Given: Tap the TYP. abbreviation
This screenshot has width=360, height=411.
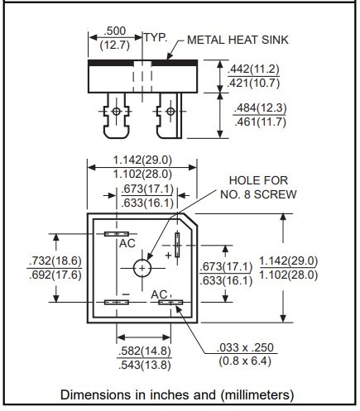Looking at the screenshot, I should [x=156, y=38].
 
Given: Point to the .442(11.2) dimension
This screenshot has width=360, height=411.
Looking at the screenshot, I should [x=253, y=69].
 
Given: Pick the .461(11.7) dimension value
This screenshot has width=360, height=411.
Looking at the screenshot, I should [x=253, y=123].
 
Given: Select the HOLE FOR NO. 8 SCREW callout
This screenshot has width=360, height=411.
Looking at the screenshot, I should [x=261, y=187].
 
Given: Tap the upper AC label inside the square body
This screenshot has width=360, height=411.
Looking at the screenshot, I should [x=127, y=244].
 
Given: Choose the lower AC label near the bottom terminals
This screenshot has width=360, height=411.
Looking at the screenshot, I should [x=161, y=294].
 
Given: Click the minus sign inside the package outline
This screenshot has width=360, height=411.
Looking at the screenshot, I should [x=126, y=294].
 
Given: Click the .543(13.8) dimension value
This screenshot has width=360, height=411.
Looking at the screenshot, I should [x=142, y=366].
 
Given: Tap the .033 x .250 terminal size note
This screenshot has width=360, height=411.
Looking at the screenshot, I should [x=246, y=348].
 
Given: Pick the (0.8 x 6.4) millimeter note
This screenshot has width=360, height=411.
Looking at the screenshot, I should [x=246, y=361].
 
